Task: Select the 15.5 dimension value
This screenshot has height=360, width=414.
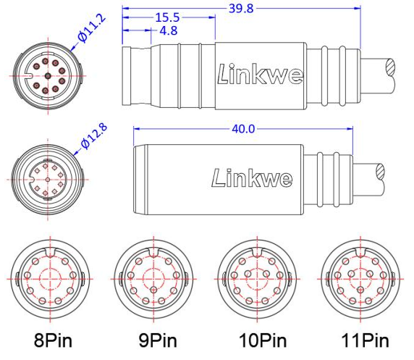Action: click(x=167, y=17)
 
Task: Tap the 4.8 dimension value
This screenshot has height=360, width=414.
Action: click(x=167, y=30)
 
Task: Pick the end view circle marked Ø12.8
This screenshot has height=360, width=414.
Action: click(x=48, y=177)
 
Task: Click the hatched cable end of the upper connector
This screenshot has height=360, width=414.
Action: click(x=390, y=72)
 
